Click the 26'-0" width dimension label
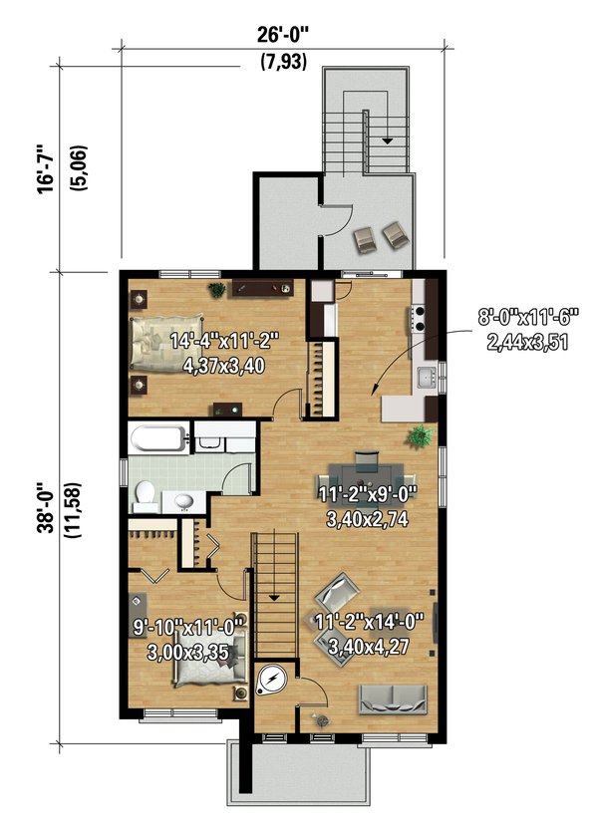(283, 35)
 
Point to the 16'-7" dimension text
(46, 168)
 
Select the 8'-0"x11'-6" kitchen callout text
(527, 318)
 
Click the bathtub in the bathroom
(158, 438)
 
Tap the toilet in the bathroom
(145, 496)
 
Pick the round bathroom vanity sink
(183, 501)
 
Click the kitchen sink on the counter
(426, 378)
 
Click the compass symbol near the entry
(272, 679)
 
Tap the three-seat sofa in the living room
(393, 698)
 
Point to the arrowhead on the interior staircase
(274, 598)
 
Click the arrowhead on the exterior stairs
(388, 140)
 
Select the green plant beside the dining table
(421, 436)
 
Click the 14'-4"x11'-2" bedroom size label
(224, 341)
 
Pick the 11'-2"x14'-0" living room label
(369, 622)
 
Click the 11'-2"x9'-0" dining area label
(368, 494)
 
